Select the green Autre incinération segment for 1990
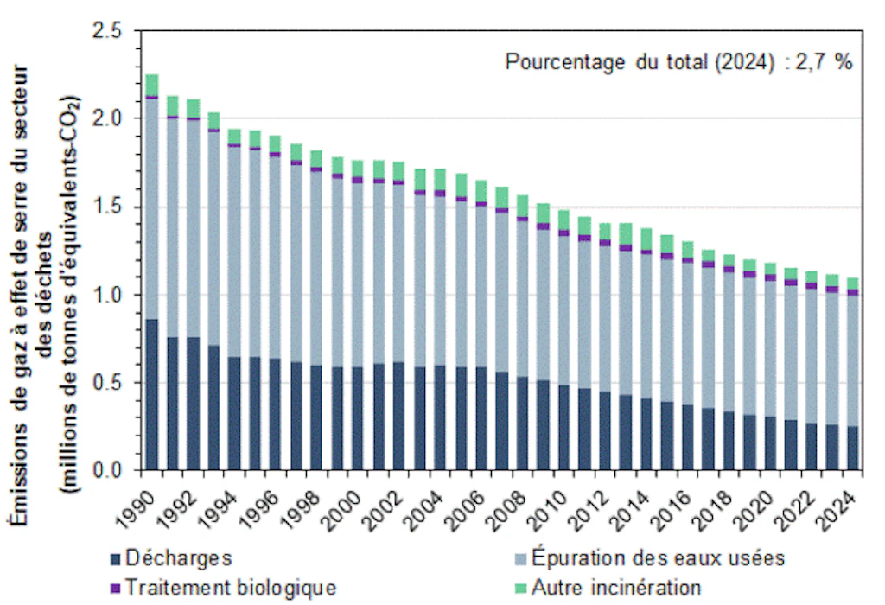pos(152,85)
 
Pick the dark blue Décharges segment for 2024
pos(852,449)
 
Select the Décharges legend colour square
pos(115,557)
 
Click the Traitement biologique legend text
pos(230,587)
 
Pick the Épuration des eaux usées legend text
pos(658,557)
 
